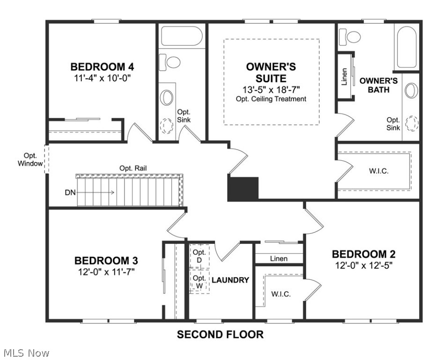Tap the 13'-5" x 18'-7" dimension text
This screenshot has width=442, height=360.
[x=271, y=89]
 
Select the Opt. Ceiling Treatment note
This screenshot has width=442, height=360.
[x=271, y=99]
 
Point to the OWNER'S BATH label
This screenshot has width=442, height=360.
[x=378, y=85]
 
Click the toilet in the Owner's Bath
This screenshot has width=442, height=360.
[x=349, y=36]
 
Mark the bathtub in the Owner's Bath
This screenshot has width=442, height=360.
[x=406, y=47]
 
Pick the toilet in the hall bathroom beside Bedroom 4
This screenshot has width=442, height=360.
[x=171, y=61]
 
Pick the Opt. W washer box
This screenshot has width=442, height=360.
[x=199, y=282]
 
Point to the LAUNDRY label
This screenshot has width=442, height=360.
[x=230, y=280]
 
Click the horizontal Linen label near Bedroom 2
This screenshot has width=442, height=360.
[x=279, y=258]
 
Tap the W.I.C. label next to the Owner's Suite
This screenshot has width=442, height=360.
[x=379, y=170]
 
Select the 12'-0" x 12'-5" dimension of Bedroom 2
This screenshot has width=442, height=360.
[x=363, y=265]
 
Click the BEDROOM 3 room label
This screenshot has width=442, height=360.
[x=106, y=260]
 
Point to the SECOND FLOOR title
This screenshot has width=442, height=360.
[x=220, y=335]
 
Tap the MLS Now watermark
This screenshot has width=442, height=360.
[x=26, y=352]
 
